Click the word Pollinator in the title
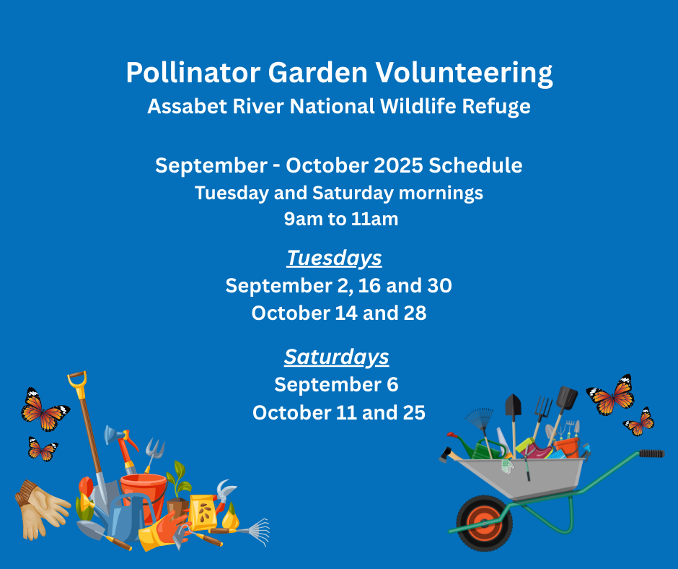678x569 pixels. click(x=193, y=72)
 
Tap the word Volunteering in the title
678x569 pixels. click(x=464, y=74)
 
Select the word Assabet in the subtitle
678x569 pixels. click(x=188, y=106)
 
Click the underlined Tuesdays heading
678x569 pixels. click(x=334, y=259)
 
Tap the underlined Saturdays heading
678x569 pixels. click(x=336, y=357)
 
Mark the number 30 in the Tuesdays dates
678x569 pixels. click(x=440, y=286)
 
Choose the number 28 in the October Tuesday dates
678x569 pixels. click(x=415, y=313)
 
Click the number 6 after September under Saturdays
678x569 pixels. click(x=392, y=385)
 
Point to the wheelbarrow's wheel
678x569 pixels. click(x=484, y=523)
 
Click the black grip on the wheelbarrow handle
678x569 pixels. click(x=651, y=453)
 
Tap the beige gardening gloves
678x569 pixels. click(x=42, y=509)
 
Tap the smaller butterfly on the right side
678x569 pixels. click(x=640, y=422)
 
